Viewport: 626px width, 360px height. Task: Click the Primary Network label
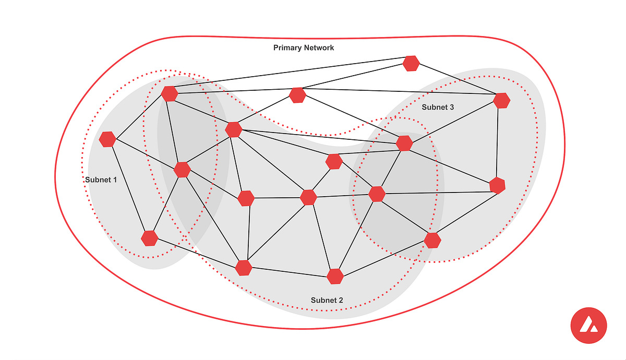point(304,48)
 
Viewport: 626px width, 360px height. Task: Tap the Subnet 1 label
point(101,179)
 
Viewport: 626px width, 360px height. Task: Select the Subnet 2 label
point(327,300)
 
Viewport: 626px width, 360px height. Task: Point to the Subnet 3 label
point(438,107)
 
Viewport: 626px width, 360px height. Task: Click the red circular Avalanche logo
point(588,326)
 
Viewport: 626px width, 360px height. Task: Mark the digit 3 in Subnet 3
point(452,107)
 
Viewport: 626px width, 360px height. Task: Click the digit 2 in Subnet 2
point(341,300)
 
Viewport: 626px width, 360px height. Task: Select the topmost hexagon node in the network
point(411,63)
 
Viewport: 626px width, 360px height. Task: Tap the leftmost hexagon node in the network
point(107,139)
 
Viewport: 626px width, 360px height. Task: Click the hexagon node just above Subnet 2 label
point(335,276)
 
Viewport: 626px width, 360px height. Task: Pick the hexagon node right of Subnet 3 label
point(501,100)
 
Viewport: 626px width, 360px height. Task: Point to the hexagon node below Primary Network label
point(297,95)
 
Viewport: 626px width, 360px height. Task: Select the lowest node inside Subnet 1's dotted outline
point(150,238)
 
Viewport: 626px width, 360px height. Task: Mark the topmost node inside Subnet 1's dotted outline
point(170,94)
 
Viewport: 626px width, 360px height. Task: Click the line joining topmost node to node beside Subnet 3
point(456,82)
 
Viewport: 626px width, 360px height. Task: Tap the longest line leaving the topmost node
point(290,78)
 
